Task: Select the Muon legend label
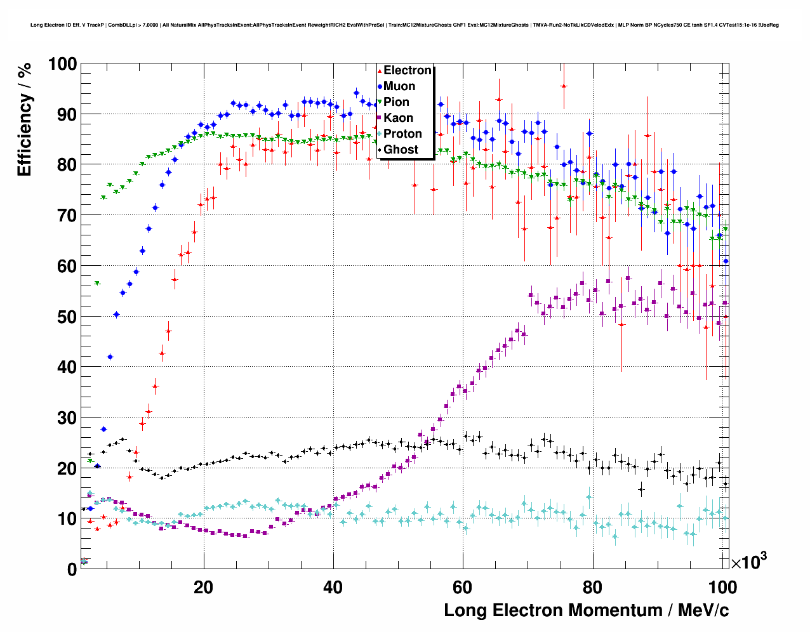pos(399,86)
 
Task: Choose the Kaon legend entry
pos(398,118)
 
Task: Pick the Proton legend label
pos(402,134)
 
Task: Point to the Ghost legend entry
pos(401,150)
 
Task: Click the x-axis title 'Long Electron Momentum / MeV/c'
pos(586,610)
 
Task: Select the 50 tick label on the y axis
pos(67,317)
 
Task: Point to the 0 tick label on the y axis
pos(72,569)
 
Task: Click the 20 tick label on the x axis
pos(203,587)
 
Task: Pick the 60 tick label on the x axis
pos(462,587)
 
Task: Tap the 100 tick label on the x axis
pos(722,587)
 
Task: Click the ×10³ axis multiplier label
pos(748,562)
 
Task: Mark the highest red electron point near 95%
pos(563,86)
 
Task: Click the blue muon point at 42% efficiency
pos(110,357)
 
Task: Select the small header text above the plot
pos(404,25)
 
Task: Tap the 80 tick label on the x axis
pos(592,587)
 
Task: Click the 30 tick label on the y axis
pos(67,418)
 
